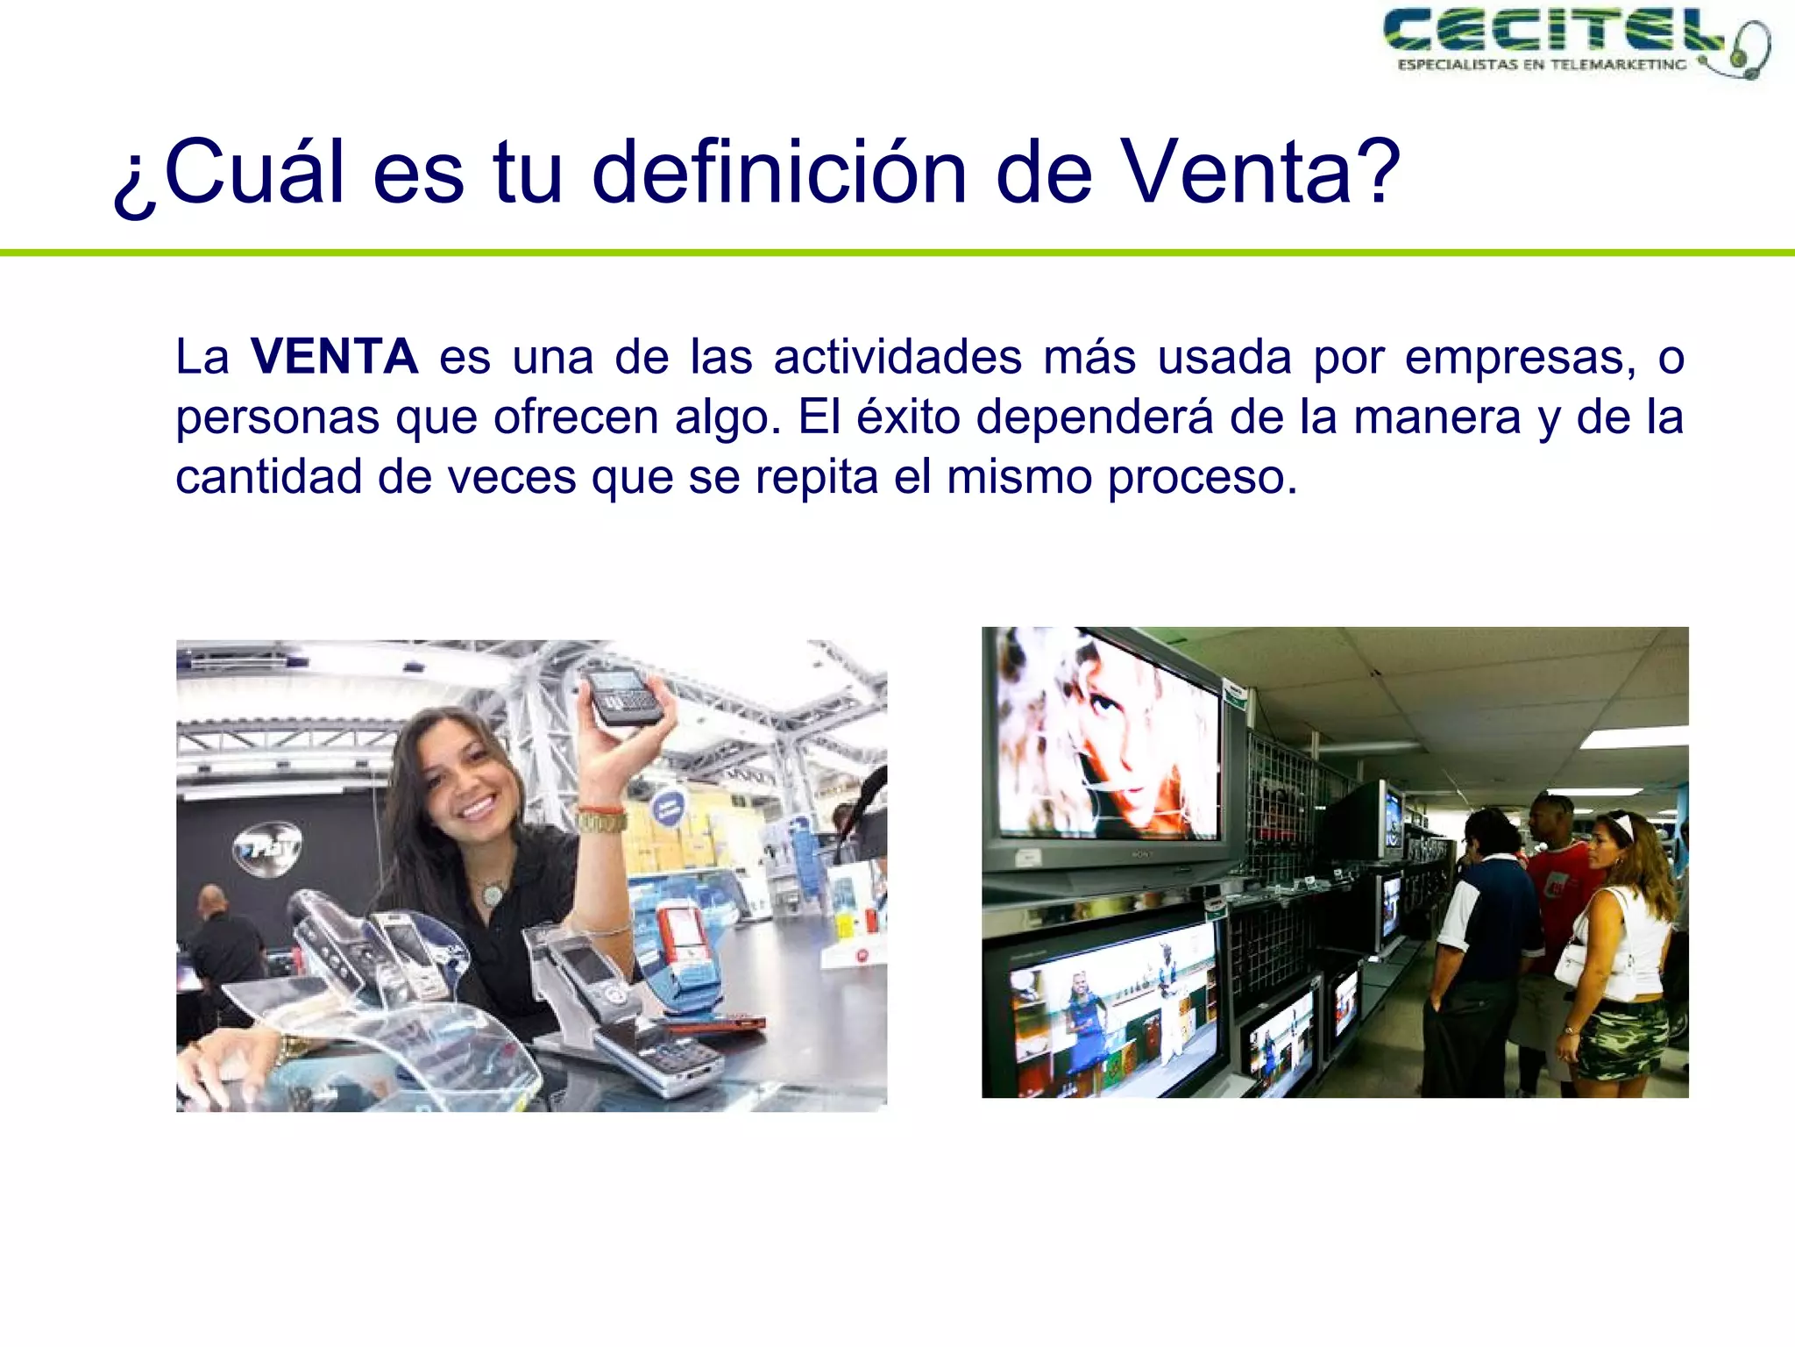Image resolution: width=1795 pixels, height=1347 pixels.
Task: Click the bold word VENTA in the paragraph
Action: (x=334, y=357)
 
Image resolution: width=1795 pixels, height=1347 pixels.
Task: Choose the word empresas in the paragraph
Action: (x=1519, y=357)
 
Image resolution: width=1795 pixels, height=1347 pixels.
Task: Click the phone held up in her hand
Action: (x=623, y=697)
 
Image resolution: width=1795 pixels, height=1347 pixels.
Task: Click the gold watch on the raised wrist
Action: (x=601, y=822)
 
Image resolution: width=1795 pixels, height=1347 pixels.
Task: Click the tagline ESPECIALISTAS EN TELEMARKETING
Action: (x=1541, y=65)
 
